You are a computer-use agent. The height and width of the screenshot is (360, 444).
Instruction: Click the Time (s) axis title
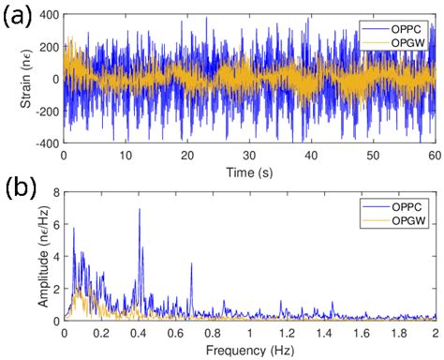point(249,172)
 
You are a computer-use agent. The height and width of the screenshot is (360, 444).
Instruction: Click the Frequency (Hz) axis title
point(249,349)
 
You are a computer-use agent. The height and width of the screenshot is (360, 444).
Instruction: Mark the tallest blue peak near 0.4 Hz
point(139,209)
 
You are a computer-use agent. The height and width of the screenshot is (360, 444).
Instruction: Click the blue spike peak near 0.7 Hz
point(191,263)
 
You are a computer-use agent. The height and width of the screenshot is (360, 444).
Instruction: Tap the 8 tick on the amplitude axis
point(54,193)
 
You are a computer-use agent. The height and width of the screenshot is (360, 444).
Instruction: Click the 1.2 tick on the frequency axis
point(287,332)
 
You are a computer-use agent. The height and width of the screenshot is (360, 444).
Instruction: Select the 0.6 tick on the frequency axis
point(175,332)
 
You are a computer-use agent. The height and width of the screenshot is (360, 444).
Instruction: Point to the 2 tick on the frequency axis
point(435,332)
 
